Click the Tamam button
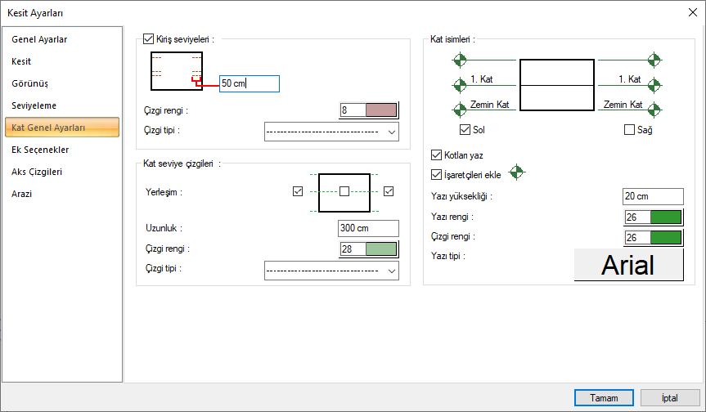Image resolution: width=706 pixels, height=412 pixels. (x=604, y=397)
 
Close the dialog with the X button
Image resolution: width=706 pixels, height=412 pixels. (x=692, y=12)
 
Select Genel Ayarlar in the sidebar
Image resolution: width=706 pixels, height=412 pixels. (x=39, y=39)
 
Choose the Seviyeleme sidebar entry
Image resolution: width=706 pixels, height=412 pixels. (x=34, y=105)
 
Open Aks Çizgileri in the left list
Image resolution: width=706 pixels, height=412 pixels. (x=37, y=172)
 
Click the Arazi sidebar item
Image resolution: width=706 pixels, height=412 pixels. (x=23, y=194)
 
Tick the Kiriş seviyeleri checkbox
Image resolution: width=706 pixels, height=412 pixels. (x=148, y=38)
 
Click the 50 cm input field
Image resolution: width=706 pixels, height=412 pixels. (x=250, y=83)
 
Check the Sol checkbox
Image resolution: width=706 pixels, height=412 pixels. (x=465, y=129)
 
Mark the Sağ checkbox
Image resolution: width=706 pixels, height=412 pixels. (x=629, y=129)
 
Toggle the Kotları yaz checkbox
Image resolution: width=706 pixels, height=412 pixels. (x=436, y=154)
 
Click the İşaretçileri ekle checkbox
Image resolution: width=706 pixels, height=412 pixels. (x=436, y=174)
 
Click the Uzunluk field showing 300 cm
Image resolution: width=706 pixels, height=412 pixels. (x=368, y=229)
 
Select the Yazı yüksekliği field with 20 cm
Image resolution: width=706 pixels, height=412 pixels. (x=652, y=196)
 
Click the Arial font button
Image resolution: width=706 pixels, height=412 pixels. (x=628, y=265)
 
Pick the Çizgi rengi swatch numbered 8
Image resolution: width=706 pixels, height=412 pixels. (x=369, y=110)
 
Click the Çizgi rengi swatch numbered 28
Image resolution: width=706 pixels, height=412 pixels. (x=369, y=249)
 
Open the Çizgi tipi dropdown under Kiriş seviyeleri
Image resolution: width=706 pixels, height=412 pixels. (x=331, y=132)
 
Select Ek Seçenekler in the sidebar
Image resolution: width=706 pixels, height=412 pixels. (x=40, y=150)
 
